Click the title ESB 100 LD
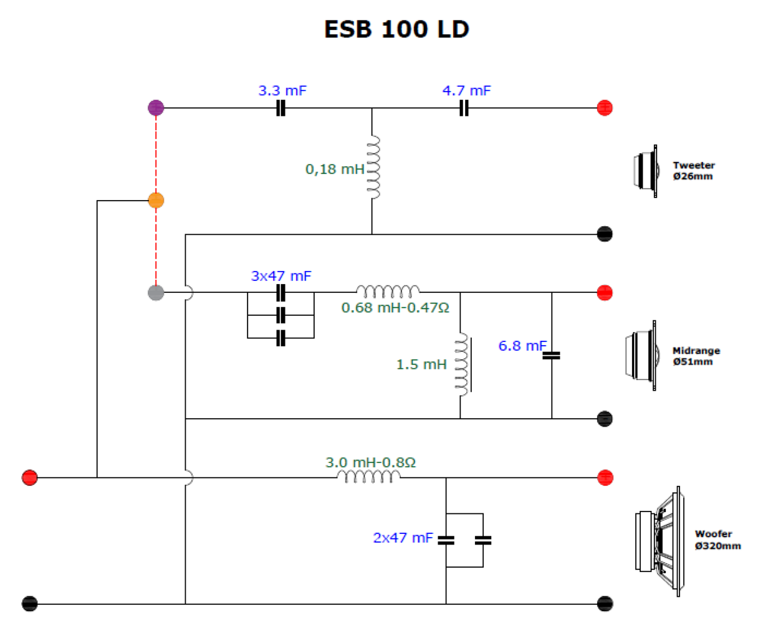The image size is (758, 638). [x=396, y=29]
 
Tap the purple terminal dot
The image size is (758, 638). [x=156, y=108]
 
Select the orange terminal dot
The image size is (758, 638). [x=156, y=201]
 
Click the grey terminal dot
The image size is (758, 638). [x=156, y=292]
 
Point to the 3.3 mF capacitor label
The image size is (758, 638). [x=282, y=91]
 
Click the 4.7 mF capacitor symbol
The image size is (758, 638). [x=464, y=108]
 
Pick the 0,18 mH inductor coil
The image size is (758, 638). [x=373, y=168]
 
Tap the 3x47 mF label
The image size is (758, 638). [x=281, y=276]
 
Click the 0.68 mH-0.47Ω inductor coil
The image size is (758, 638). [x=388, y=292]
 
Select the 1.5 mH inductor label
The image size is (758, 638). [x=421, y=364]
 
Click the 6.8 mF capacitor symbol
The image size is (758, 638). [x=552, y=356]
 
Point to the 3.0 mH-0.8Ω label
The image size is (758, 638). [x=371, y=462]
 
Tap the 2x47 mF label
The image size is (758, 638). [x=403, y=538]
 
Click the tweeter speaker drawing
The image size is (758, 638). [x=646, y=171]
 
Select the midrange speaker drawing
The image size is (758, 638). [x=642, y=356]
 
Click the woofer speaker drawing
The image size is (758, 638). [x=660, y=541]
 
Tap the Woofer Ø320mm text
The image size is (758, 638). [x=717, y=540]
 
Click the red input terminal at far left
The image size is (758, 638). [x=29, y=478]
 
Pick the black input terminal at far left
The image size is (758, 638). [x=29, y=604]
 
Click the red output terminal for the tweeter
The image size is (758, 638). [x=605, y=108]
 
